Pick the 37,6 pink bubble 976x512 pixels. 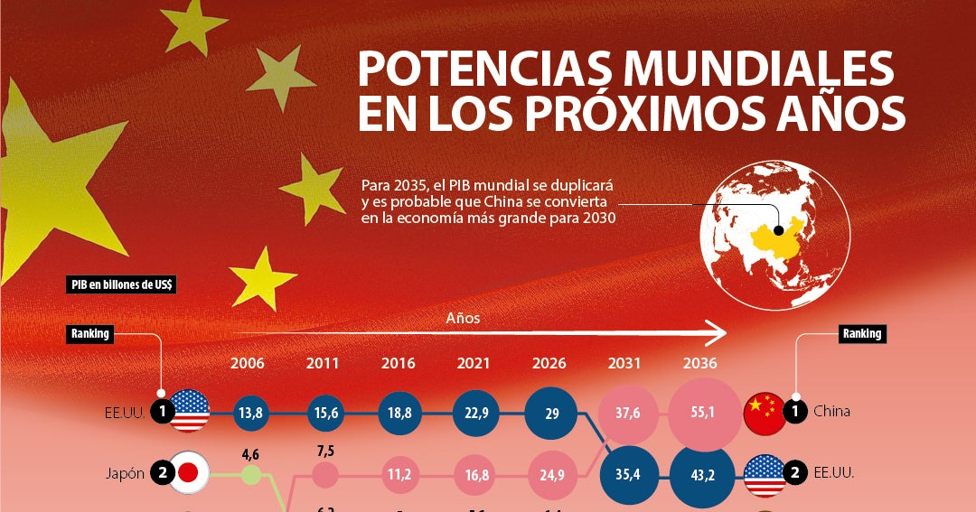click(x=625, y=412)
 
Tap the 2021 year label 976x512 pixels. click(x=474, y=363)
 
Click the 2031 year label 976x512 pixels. click(x=625, y=363)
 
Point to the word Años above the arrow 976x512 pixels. click(x=463, y=318)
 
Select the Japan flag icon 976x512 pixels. click(x=189, y=472)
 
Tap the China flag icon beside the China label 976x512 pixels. click(x=765, y=412)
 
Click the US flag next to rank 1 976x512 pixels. click(x=189, y=412)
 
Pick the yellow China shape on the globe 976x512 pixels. click(x=775, y=237)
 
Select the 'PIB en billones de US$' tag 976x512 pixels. click(x=123, y=284)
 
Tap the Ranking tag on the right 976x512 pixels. click(x=861, y=333)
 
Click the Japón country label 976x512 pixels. click(x=124, y=473)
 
